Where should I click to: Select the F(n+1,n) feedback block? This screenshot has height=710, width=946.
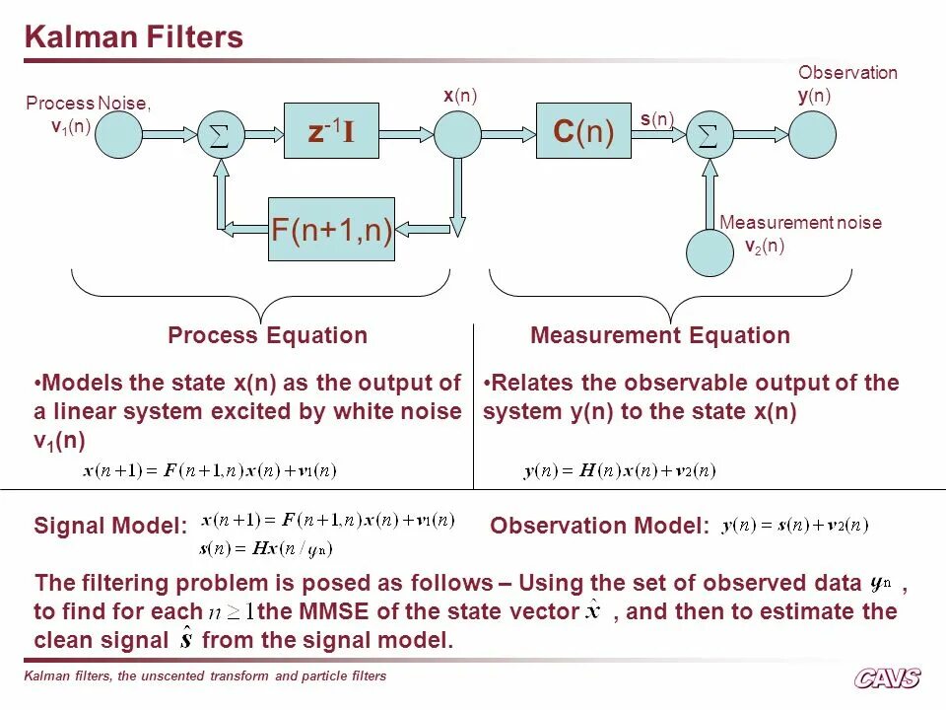pyautogui.click(x=332, y=230)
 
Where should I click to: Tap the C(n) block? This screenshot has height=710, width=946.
pyautogui.click(x=583, y=130)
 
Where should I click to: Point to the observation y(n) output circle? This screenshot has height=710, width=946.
pyautogui.click(x=812, y=135)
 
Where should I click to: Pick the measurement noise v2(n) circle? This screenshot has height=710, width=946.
pyautogui.click(x=710, y=251)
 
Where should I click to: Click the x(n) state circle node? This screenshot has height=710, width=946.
pyautogui.click(x=458, y=135)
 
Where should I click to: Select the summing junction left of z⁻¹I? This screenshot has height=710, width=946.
pyautogui.click(x=221, y=135)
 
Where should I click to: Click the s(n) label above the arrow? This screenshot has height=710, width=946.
pyautogui.click(x=656, y=119)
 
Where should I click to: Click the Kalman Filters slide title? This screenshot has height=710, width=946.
pyautogui.click(x=133, y=37)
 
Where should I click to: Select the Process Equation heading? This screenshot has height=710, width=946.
pyautogui.click(x=267, y=335)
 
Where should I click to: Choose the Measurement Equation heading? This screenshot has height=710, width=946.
pyautogui.click(x=660, y=335)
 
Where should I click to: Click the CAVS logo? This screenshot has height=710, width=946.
pyautogui.click(x=887, y=677)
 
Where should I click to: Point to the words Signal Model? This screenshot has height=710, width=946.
pyautogui.click(x=110, y=526)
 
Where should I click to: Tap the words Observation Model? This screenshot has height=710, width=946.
pyautogui.click(x=599, y=527)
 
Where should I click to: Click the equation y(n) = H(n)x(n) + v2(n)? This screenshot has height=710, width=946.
pyautogui.click(x=619, y=471)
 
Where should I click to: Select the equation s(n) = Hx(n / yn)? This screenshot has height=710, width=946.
pyautogui.click(x=266, y=548)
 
